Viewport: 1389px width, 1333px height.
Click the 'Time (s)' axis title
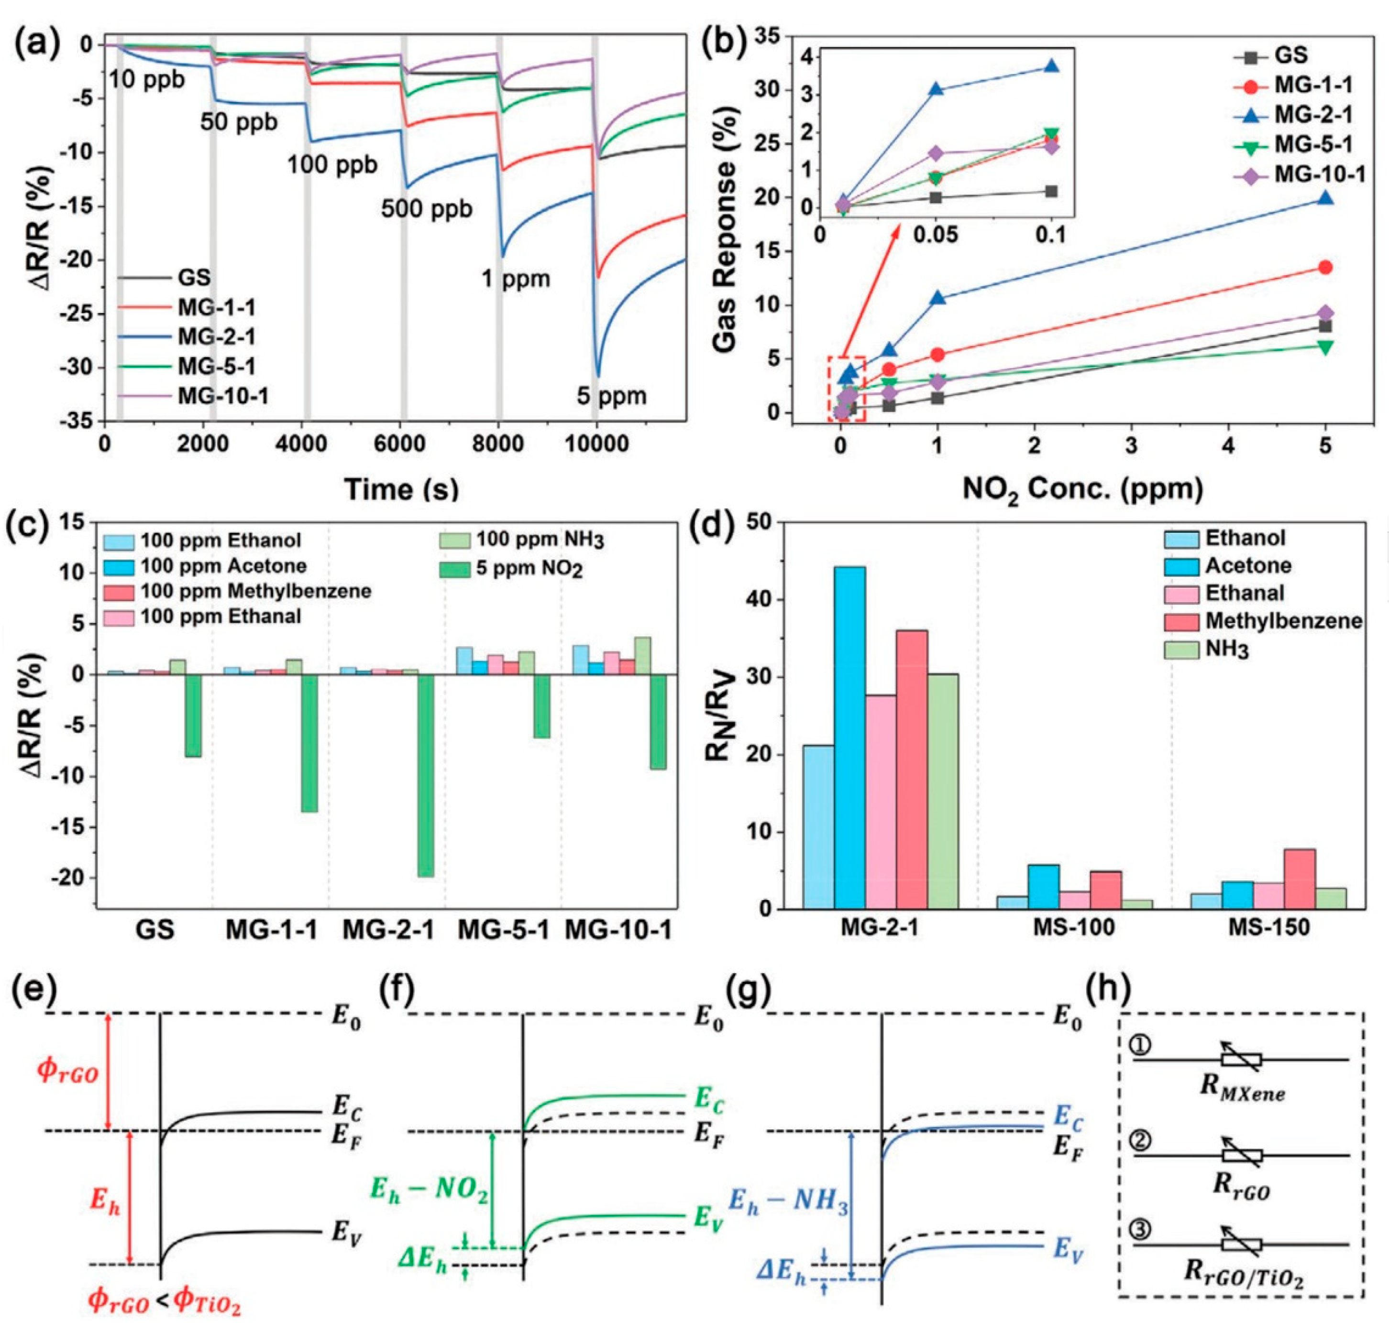pyautogui.click(x=401, y=489)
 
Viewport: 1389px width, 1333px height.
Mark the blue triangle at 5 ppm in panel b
pyautogui.click(x=1325, y=198)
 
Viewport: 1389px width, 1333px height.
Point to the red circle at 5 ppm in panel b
pyautogui.click(x=1325, y=267)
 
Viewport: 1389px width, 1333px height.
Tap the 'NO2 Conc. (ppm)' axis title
pyautogui.click(x=1082, y=490)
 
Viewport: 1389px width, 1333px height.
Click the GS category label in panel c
pyautogui.click(x=155, y=929)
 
